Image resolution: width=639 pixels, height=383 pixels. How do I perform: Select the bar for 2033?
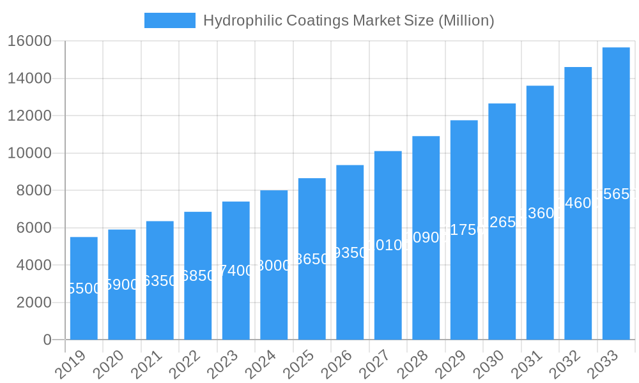[616, 255]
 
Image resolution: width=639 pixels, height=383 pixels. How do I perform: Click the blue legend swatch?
[170, 20]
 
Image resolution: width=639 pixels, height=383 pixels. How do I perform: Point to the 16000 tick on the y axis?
[29, 41]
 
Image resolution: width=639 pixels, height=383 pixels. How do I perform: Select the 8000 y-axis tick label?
[34, 190]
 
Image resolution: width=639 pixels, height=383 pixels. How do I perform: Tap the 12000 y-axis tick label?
[29, 116]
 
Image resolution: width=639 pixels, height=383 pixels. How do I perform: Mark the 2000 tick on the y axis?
[34, 303]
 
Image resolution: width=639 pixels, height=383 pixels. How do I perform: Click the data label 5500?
[84, 289]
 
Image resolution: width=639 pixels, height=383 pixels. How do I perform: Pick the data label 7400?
[236, 271]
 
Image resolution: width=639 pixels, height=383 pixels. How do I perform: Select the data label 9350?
[350, 253]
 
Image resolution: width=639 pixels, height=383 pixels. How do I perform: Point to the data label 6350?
[160, 281]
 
